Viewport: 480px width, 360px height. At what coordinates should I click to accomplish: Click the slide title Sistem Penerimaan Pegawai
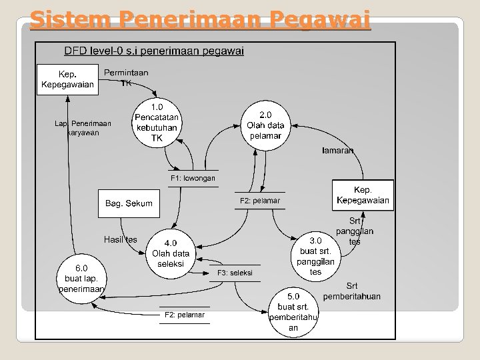[199, 21]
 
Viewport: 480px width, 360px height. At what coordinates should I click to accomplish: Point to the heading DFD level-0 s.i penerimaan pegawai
[153, 51]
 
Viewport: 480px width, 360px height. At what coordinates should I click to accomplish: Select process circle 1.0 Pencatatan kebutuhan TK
[157, 122]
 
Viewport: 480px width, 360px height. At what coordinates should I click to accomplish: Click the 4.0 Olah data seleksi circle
[171, 254]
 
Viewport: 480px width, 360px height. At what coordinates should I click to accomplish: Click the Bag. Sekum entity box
[129, 203]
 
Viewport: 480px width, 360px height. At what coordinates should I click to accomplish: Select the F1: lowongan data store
[193, 179]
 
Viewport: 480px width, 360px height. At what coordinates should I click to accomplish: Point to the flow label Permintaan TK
[126, 77]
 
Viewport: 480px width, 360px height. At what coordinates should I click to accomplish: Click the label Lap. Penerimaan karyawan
[83, 128]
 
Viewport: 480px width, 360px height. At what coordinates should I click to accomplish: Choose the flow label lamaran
[337, 151]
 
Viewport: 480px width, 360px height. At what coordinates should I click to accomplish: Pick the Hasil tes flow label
[120, 239]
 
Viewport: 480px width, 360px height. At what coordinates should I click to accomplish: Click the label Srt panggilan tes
[355, 231]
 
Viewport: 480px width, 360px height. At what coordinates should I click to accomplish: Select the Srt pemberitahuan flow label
[352, 291]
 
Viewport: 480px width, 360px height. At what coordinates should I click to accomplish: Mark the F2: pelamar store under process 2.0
[259, 201]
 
